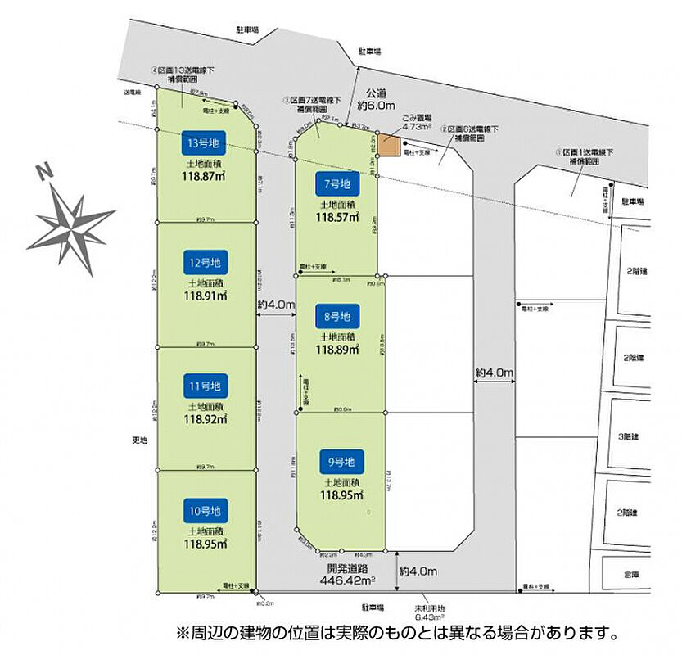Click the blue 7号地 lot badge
(x=336, y=184)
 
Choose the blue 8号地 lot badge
(x=337, y=315)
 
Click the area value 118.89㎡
(x=338, y=350)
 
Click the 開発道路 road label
(x=348, y=568)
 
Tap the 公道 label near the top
(x=376, y=93)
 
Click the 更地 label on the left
(x=140, y=440)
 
